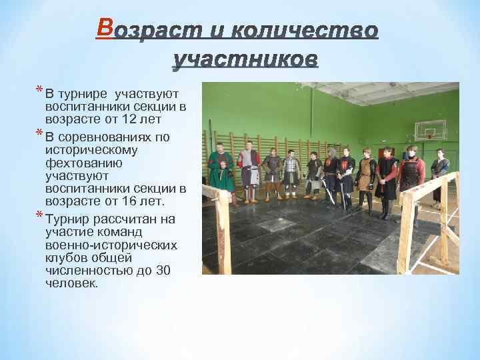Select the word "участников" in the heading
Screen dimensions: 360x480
(245, 61)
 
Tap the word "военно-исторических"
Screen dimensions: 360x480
(111, 245)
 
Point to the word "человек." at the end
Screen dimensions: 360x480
(71, 283)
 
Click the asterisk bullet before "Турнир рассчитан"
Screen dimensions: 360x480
(39, 216)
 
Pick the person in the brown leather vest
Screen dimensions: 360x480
(365, 176)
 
